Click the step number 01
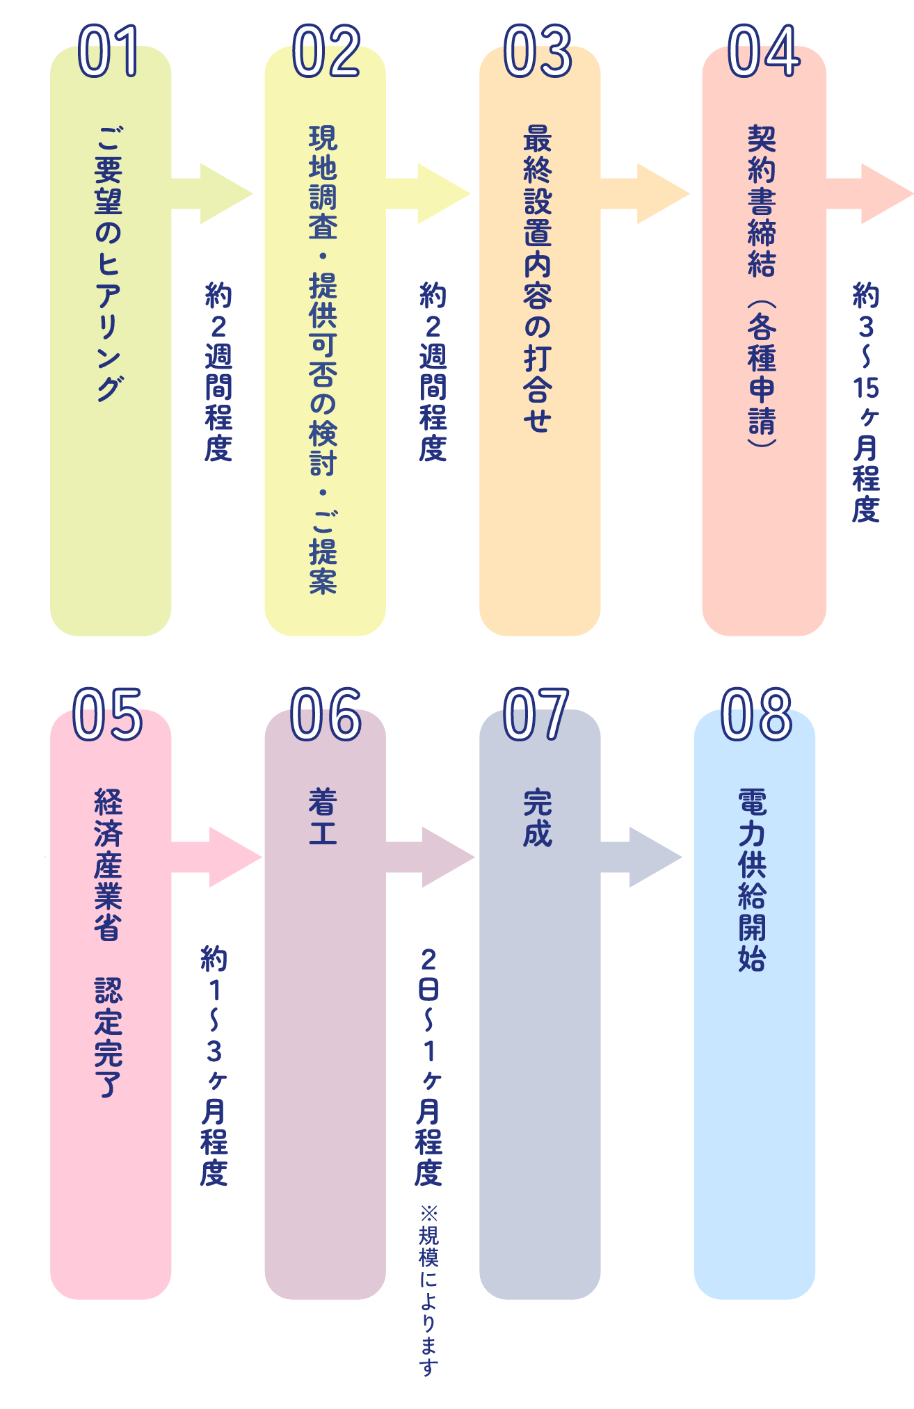pyautogui.click(x=109, y=51)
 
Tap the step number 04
pyautogui.click(x=764, y=51)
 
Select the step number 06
pyautogui.click(x=326, y=715)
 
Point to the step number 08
pyautogui.click(x=756, y=715)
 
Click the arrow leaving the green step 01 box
pyautogui.click(x=213, y=193)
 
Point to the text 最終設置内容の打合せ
pyautogui.click(x=538, y=278)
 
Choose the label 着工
pyautogui.click(x=323, y=817)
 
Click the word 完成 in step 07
pyautogui.click(x=538, y=818)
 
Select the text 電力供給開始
pyautogui.click(x=753, y=880)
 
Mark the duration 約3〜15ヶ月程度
pyautogui.click(x=867, y=402)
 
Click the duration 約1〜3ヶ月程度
pyautogui.click(x=214, y=1065)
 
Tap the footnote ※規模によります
pyautogui.click(x=429, y=1290)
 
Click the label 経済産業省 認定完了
pyautogui.click(x=109, y=942)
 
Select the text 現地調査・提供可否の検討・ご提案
pyautogui.click(x=323, y=359)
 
